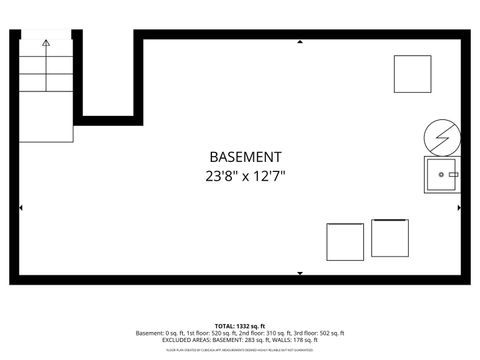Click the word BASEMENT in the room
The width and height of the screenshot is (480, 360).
click(245, 157)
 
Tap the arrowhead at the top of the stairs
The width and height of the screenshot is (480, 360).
click(46, 43)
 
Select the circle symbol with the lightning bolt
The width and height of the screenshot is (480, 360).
click(440, 134)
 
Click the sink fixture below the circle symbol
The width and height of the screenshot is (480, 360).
click(441, 175)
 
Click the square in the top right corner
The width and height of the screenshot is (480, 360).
click(411, 74)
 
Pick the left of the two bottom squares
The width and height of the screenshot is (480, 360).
click(345, 242)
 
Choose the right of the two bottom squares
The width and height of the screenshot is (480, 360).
click(390, 238)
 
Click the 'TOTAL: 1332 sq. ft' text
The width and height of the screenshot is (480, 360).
click(240, 326)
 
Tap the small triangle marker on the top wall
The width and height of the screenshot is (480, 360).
click(300, 43)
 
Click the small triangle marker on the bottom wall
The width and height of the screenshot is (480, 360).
click(300, 271)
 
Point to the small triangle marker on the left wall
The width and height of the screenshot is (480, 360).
click(22, 208)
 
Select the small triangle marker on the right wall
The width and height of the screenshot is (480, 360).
click(459, 208)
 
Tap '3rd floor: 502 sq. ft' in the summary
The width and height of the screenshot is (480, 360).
click(320, 333)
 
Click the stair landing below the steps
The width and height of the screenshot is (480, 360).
click(46, 130)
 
